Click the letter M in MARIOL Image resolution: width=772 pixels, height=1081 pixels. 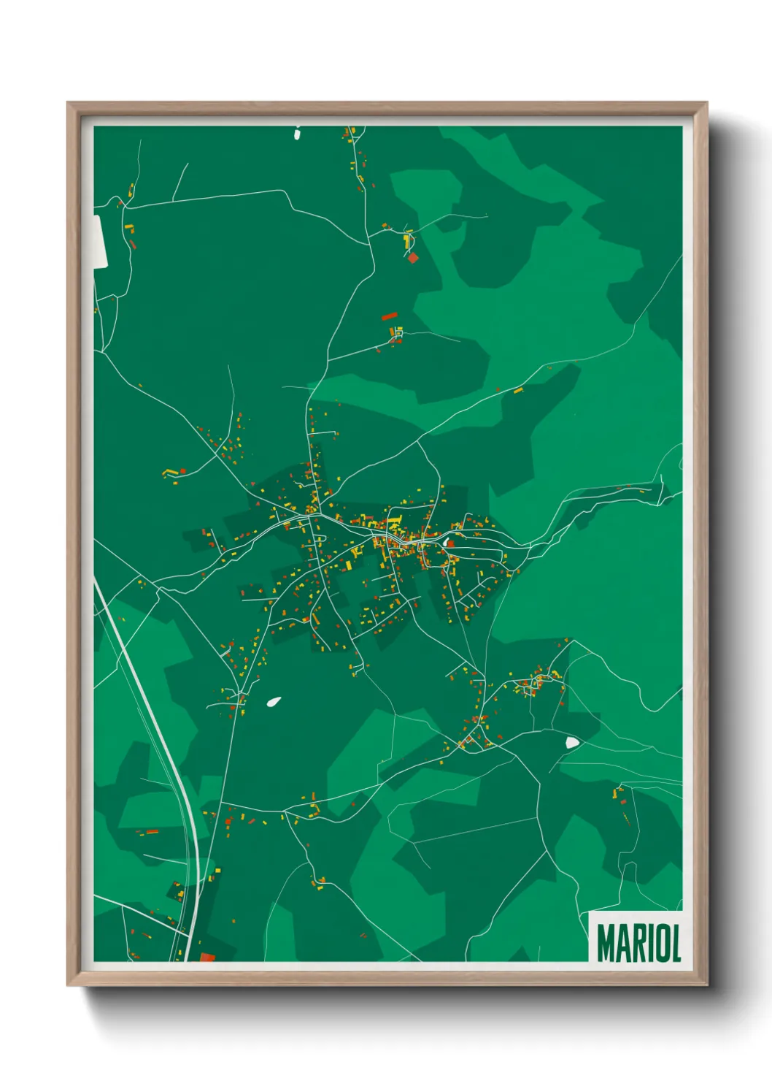(x=606, y=944)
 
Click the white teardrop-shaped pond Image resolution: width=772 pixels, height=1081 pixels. (x=274, y=702)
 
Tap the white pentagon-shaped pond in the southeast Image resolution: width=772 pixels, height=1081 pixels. (x=572, y=742)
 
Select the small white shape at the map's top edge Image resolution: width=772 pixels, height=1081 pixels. (x=297, y=134)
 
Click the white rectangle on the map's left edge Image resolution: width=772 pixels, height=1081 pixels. (x=100, y=240)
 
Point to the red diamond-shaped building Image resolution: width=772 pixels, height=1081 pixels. (x=413, y=257)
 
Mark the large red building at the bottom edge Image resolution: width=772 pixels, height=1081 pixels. (x=207, y=957)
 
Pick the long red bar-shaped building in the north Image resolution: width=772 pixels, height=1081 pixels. (x=390, y=316)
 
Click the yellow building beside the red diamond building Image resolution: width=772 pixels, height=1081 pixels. (x=407, y=239)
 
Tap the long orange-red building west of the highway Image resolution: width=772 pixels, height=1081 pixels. (x=150, y=831)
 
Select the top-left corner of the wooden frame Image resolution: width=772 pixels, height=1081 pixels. (x=68, y=103)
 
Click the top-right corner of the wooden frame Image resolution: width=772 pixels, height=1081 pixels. (x=706, y=103)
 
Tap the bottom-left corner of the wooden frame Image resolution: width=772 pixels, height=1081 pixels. (x=68, y=985)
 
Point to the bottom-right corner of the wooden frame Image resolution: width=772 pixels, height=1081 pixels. (x=706, y=985)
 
